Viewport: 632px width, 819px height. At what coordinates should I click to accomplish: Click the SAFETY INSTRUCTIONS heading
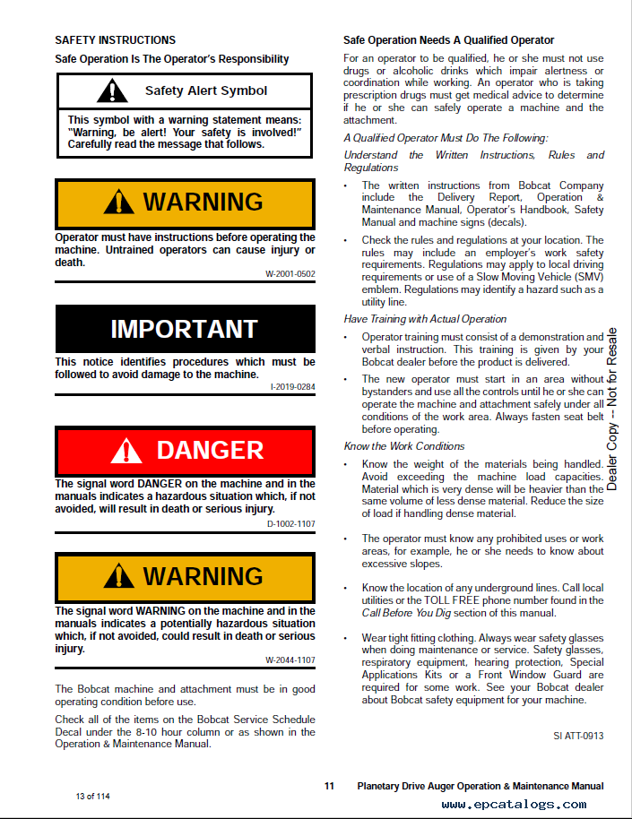[115, 40]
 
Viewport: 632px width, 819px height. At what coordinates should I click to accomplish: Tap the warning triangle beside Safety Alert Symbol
[112, 91]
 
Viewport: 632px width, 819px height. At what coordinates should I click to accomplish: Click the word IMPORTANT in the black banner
[184, 329]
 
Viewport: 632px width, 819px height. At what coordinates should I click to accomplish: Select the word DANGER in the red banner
[210, 450]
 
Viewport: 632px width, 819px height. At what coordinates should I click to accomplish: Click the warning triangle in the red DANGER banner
[126, 451]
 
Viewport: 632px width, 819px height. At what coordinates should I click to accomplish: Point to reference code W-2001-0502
[290, 273]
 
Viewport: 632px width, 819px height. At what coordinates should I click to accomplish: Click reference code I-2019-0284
[292, 387]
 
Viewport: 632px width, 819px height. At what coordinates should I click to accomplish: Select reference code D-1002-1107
[290, 523]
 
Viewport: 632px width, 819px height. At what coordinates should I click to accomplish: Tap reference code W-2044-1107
[290, 660]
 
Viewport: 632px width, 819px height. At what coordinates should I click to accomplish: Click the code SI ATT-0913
[578, 736]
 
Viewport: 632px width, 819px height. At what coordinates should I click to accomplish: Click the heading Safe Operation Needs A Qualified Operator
[448, 40]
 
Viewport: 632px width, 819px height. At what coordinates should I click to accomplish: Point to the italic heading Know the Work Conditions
[404, 446]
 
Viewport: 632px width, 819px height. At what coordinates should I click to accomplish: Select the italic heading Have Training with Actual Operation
[425, 319]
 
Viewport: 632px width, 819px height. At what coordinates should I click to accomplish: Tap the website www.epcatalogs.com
[527, 805]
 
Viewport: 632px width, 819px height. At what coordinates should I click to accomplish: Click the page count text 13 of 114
[92, 797]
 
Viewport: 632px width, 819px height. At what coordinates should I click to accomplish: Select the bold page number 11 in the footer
[329, 786]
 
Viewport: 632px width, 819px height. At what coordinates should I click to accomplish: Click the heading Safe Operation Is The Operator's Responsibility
[172, 59]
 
